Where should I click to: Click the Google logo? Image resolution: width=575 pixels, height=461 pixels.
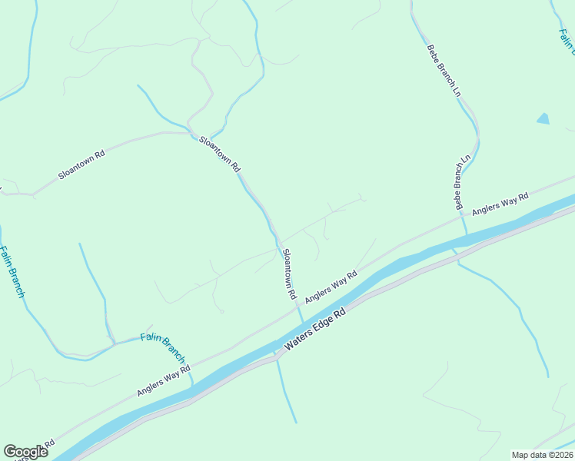pos(25,452)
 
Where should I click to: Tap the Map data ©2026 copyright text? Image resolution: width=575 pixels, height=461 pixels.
pos(542,455)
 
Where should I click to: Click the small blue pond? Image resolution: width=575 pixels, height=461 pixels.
pos(543,118)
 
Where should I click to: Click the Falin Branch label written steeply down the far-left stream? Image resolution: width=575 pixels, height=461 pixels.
pos(12,272)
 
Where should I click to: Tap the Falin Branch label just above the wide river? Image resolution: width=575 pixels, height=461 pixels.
pos(163,347)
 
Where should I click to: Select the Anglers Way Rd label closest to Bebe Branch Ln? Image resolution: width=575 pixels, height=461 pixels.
pos(500,204)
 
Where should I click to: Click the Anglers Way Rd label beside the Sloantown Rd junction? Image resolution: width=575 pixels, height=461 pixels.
pos(331,287)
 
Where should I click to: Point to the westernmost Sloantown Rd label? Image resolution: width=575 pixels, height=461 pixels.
pos(81,164)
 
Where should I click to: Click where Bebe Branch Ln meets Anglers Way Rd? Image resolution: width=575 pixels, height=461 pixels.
pos(461,217)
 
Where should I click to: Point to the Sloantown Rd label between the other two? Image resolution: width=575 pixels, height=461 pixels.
pos(221,154)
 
